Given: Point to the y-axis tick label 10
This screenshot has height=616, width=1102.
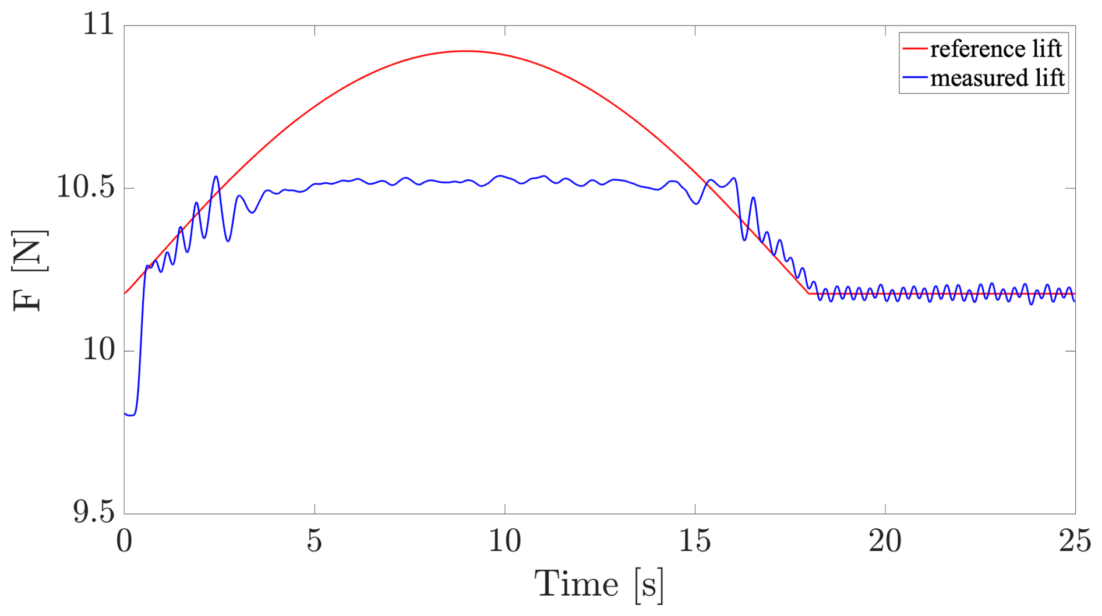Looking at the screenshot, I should (x=98, y=351).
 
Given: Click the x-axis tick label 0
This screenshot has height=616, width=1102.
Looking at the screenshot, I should (x=124, y=541).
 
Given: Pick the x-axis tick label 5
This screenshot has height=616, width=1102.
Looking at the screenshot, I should (x=315, y=541).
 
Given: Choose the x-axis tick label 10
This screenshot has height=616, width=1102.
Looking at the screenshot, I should (x=504, y=541).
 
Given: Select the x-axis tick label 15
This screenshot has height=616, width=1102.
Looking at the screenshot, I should (x=695, y=541).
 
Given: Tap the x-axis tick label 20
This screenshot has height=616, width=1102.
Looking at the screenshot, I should (x=885, y=541).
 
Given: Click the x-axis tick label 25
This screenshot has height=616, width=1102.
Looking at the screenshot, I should (x=1075, y=541).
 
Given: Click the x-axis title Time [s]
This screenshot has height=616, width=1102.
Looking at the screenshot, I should (x=599, y=585).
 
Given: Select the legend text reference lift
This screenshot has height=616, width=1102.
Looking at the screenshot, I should (x=995, y=49).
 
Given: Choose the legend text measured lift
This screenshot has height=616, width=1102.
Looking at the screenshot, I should (x=997, y=78).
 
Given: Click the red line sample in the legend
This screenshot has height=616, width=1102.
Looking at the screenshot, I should (x=914, y=49).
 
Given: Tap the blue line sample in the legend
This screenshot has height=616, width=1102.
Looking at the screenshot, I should (x=914, y=77).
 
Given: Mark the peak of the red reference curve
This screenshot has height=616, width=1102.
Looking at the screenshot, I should (x=465, y=51).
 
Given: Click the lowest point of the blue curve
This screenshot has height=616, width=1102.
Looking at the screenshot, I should (x=132, y=415).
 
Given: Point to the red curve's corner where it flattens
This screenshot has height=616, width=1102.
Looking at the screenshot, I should (x=808, y=293).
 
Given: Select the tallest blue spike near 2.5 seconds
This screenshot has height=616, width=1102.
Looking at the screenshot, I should (x=216, y=176).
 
